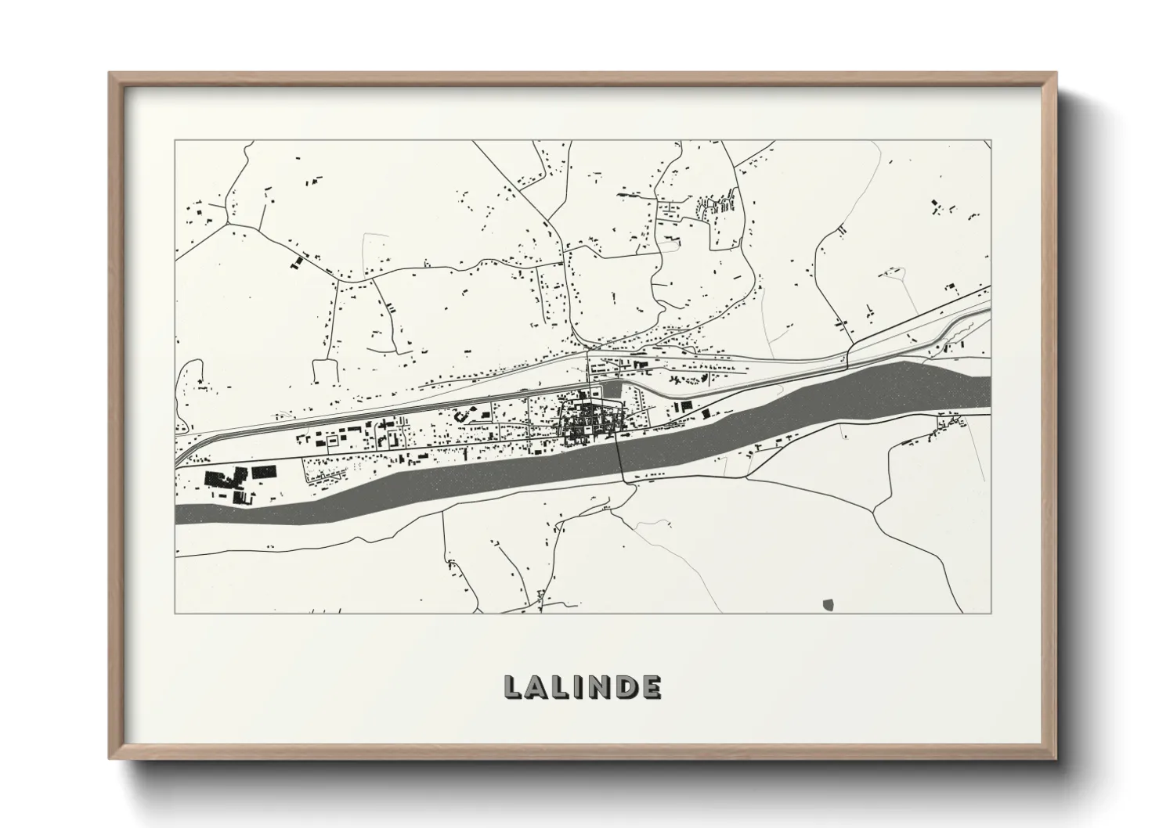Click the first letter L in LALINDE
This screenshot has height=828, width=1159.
(512, 686)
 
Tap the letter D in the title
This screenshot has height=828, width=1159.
(625, 686)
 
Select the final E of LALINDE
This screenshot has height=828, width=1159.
(651, 686)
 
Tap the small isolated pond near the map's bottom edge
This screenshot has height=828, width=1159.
(829, 603)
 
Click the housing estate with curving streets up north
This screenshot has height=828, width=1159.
(717, 207)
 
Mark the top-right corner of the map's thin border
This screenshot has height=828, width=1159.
(991, 141)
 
